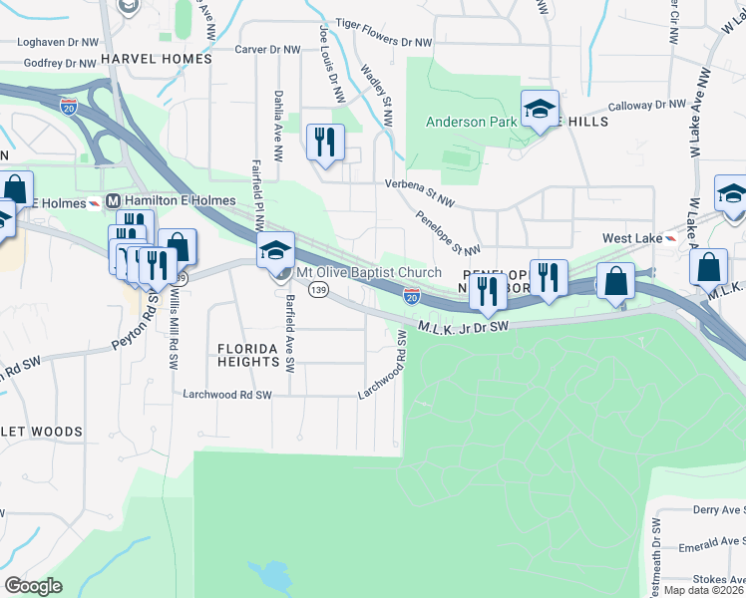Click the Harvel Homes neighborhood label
(x=157, y=59)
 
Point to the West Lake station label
(x=631, y=239)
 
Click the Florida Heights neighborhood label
(x=248, y=355)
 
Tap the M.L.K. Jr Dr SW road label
(x=464, y=326)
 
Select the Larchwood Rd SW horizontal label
(x=227, y=395)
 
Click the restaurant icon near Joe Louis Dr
(x=325, y=143)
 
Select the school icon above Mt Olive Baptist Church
(x=276, y=251)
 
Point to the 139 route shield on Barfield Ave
(x=318, y=289)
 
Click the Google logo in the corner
(x=33, y=586)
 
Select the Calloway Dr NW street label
(x=647, y=105)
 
